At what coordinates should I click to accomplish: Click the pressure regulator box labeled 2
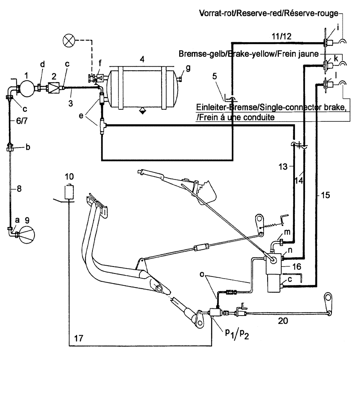(54, 86)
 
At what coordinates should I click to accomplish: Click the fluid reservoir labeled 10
(70, 191)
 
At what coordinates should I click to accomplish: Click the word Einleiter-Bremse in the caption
(222, 108)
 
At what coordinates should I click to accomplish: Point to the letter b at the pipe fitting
(27, 148)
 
